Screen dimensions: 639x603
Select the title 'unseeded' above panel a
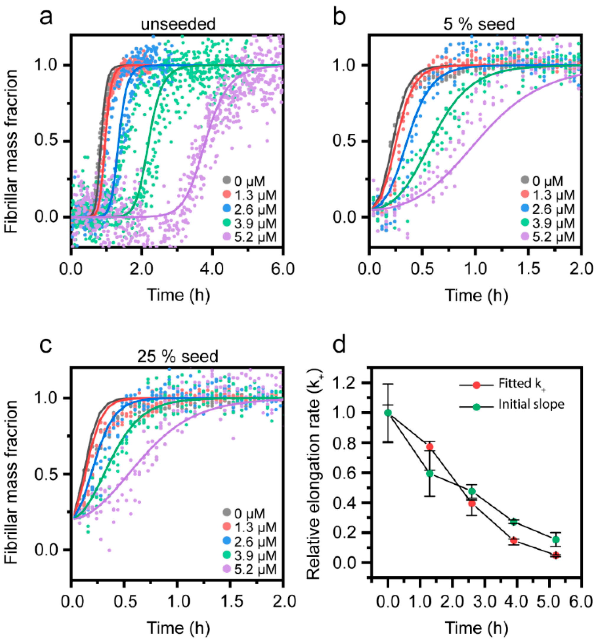tap(178, 25)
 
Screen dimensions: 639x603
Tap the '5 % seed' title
tap(479, 25)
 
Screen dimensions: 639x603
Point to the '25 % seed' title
tap(178, 357)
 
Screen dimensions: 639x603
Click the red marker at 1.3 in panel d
tap(430, 447)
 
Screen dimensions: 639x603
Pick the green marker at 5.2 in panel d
tap(556, 540)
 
